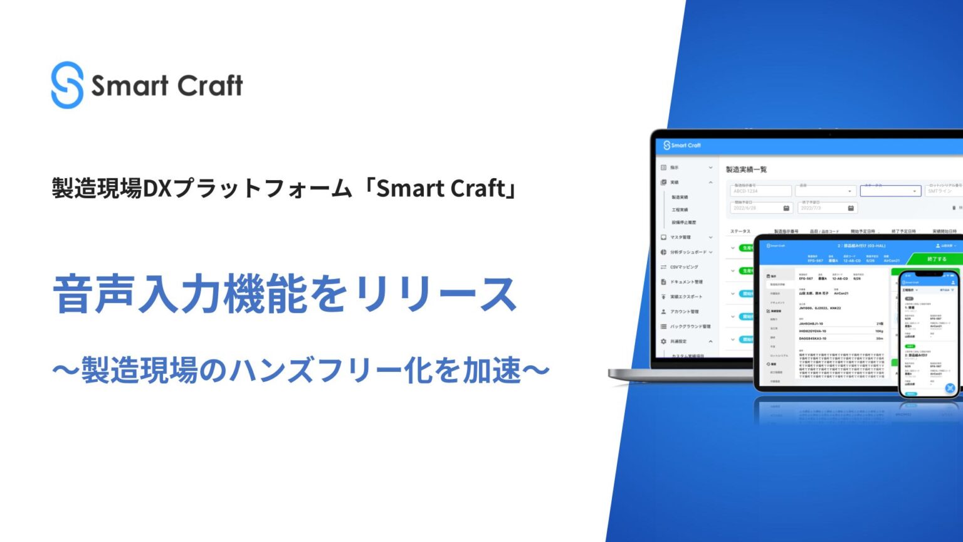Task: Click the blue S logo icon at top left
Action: tap(67, 85)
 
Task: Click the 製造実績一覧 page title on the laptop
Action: tap(746, 169)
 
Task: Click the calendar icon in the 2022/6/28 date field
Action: tap(786, 208)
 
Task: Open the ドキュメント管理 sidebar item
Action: tap(686, 282)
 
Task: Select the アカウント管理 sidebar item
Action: tap(684, 312)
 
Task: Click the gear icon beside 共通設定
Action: tap(663, 342)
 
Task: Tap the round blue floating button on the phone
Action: tap(950, 388)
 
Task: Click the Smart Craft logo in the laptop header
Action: tap(682, 146)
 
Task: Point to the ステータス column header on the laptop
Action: tap(740, 231)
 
